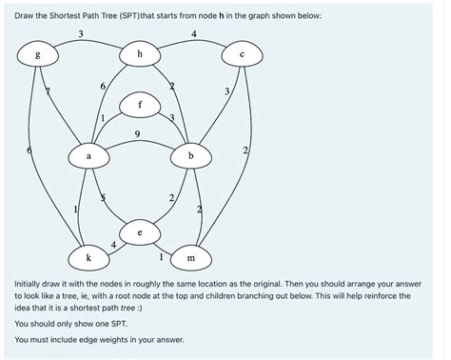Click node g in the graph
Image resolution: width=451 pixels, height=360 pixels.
(38, 55)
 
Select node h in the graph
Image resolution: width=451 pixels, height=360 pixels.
(140, 55)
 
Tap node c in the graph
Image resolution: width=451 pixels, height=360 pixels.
(243, 55)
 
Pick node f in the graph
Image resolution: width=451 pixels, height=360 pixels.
(140, 104)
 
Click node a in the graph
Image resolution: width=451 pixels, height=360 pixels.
(89, 154)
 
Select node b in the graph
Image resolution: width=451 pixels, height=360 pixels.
(191, 154)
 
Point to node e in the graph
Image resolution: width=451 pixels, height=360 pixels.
(140, 231)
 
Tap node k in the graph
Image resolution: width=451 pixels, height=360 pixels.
(88, 257)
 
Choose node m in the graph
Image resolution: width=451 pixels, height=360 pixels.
(191, 257)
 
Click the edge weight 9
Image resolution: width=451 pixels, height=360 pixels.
(140, 135)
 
